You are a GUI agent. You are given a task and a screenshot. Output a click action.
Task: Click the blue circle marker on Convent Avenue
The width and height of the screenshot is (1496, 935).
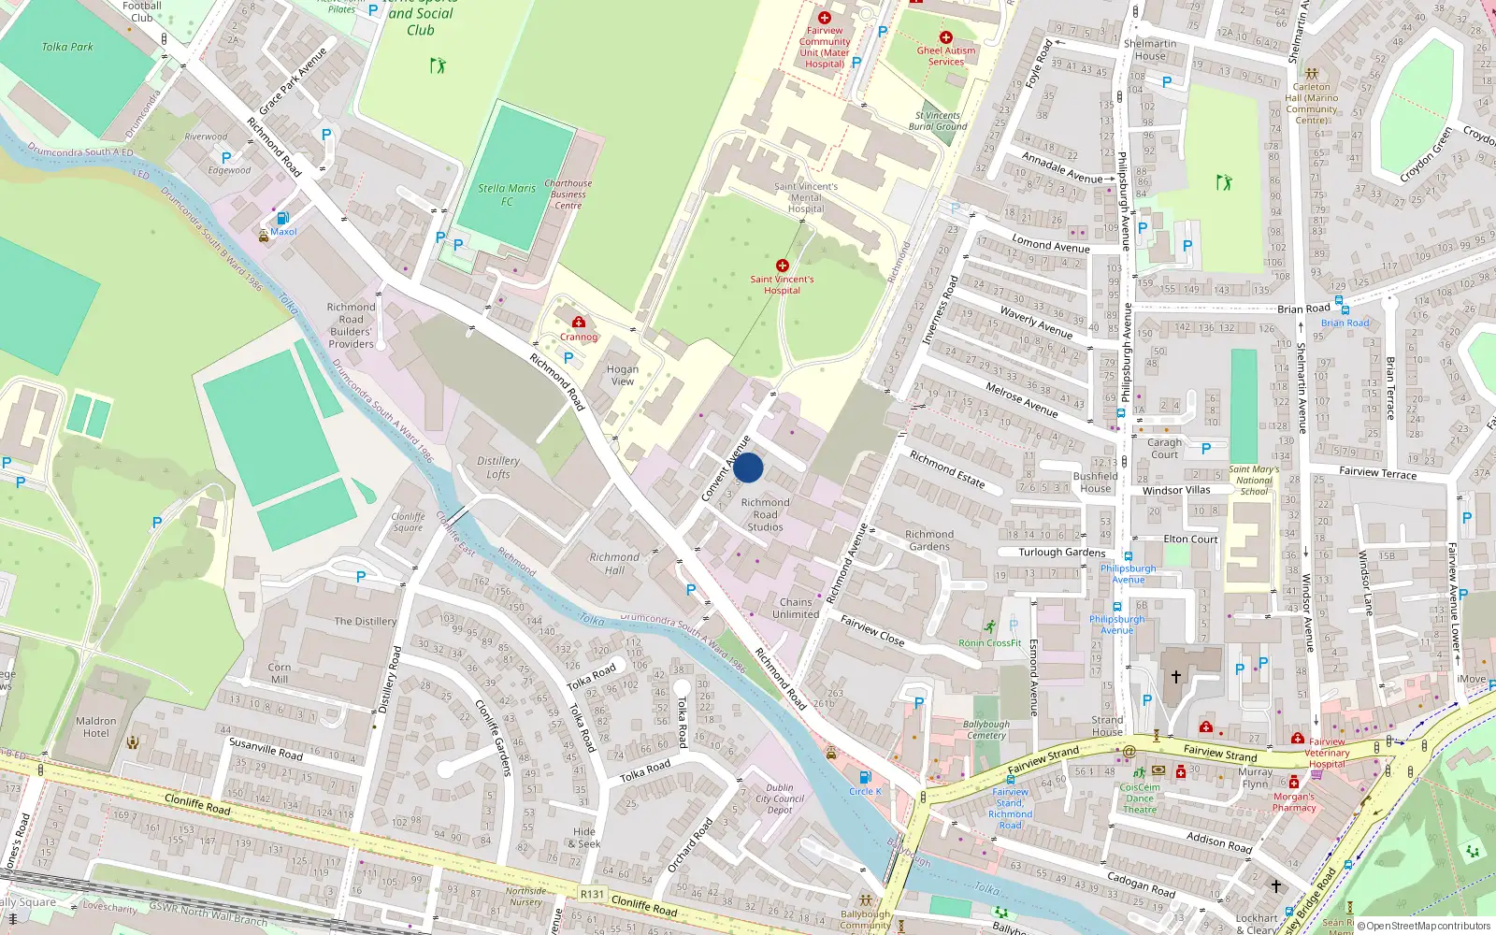(748, 467)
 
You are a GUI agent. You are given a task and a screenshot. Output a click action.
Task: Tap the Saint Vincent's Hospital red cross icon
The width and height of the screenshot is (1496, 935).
(783, 266)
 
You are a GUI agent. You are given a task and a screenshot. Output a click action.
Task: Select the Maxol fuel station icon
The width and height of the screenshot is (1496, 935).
(282, 219)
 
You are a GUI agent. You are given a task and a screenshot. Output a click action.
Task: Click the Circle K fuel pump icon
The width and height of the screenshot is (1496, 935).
(865, 777)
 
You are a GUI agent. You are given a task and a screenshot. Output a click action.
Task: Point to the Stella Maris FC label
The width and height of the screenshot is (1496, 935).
(507, 194)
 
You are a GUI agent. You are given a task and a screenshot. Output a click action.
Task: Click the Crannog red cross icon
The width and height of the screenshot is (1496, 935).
(579, 323)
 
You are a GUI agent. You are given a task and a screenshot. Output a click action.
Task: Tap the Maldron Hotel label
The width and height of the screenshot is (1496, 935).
(96, 726)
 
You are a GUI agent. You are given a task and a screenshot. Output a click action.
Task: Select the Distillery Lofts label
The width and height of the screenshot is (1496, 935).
(498, 467)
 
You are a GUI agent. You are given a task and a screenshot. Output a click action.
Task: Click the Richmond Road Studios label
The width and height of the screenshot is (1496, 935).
(765, 514)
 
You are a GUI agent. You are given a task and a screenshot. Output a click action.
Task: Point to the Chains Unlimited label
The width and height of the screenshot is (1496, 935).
(796, 608)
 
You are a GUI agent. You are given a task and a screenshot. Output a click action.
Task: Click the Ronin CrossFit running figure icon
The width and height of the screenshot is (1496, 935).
(989, 627)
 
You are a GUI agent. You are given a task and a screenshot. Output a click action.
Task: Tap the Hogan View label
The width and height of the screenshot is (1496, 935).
(623, 375)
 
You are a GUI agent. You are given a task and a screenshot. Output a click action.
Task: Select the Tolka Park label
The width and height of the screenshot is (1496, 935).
(67, 47)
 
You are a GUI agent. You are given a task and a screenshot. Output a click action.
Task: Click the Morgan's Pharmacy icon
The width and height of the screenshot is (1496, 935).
(1294, 783)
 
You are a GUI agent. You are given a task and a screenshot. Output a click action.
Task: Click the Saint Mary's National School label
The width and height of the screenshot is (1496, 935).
(1254, 480)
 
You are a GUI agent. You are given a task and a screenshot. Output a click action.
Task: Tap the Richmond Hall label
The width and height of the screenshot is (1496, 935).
(614, 563)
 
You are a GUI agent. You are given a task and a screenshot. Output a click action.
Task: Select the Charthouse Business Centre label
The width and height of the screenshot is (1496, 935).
(568, 194)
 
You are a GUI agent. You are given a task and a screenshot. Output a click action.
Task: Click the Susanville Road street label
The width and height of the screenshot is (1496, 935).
(266, 748)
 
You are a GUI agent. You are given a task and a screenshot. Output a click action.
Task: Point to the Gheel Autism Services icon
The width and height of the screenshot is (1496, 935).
(946, 37)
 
